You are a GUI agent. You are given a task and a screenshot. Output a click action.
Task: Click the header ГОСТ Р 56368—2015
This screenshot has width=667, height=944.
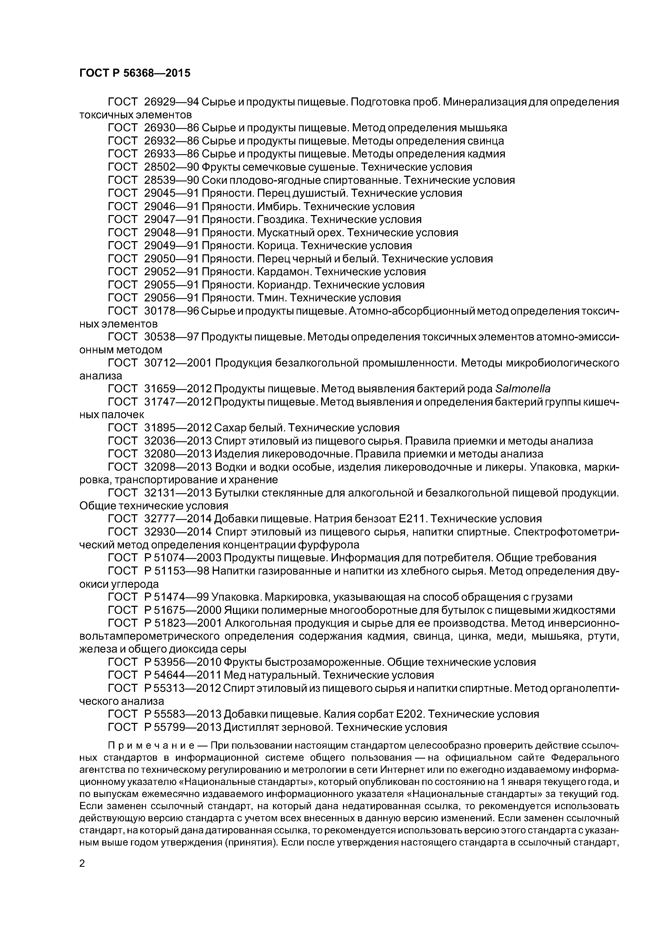click(x=135, y=73)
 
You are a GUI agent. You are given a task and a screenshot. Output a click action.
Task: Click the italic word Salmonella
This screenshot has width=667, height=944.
click(x=523, y=389)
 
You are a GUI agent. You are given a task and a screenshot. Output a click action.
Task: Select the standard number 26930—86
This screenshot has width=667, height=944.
click(x=171, y=128)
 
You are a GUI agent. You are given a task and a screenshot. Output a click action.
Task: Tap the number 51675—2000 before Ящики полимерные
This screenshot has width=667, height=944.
click(x=183, y=610)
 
